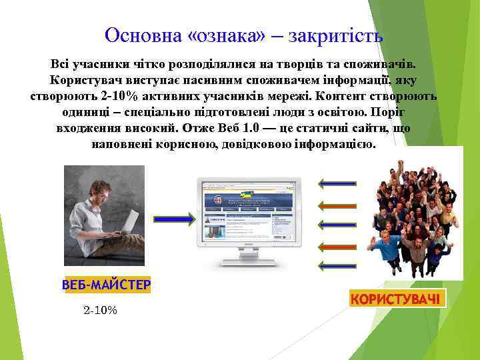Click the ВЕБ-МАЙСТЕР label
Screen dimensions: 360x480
pyautogui.click(x=106, y=285)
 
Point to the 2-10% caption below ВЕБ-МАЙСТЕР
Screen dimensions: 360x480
pyautogui.click(x=100, y=310)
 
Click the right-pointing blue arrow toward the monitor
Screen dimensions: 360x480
pyautogui.click(x=174, y=217)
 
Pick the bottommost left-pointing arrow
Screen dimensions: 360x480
pyautogui.click(x=337, y=265)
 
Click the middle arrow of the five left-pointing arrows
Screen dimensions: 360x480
pyautogui.click(x=337, y=224)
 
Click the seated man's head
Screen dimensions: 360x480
pyautogui.click(x=101, y=189)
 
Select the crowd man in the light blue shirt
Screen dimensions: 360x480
pyautogui.click(x=388, y=247)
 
